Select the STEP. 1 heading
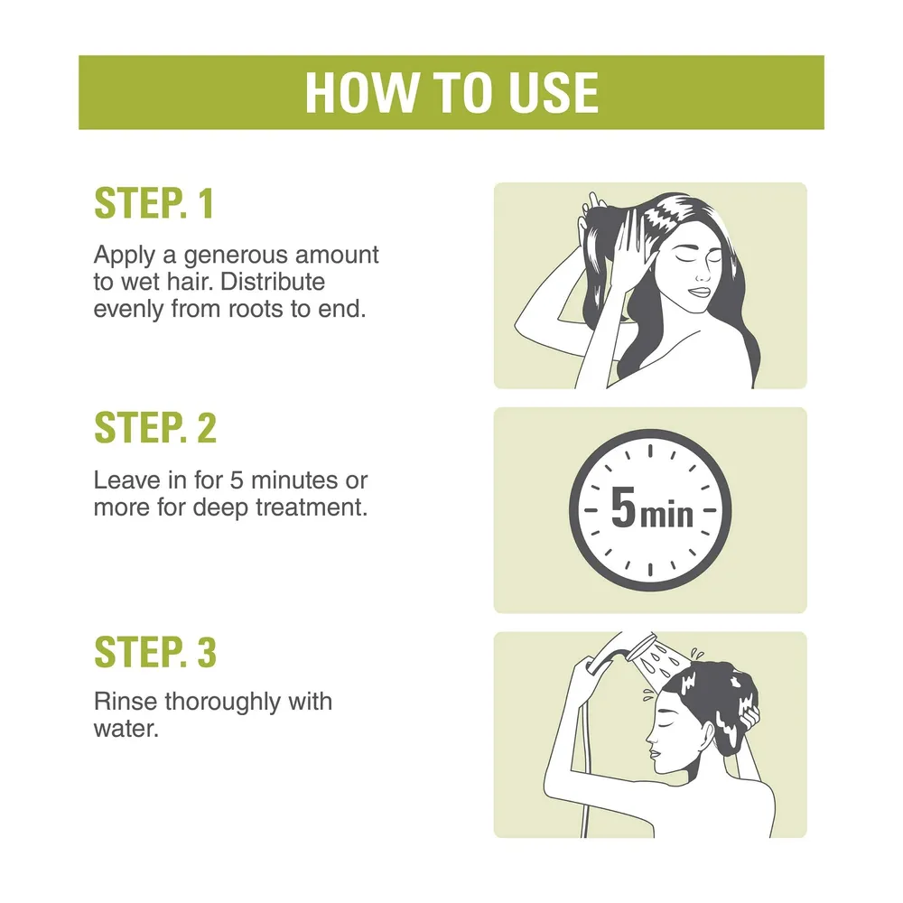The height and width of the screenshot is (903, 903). tap(154, 203)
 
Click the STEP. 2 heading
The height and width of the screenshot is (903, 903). tap(155, 428)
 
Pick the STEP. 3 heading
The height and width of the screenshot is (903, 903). tap(155, 653)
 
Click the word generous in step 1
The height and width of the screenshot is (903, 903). tap(236, 256)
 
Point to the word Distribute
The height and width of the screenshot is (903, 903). tap(273, 282)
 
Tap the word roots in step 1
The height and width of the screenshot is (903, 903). tap(256, 310)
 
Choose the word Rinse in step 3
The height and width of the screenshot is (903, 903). tap(126, 702)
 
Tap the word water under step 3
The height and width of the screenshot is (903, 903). tap(126, 729)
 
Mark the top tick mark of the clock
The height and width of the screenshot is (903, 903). tap(650, 451)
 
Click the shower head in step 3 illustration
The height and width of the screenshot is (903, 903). tap(641, 647)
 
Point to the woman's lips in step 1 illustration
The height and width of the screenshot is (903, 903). tap(701, 292)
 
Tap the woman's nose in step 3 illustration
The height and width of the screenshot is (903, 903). tap(651, 735)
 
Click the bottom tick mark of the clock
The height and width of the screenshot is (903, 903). tap(650, 570)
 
